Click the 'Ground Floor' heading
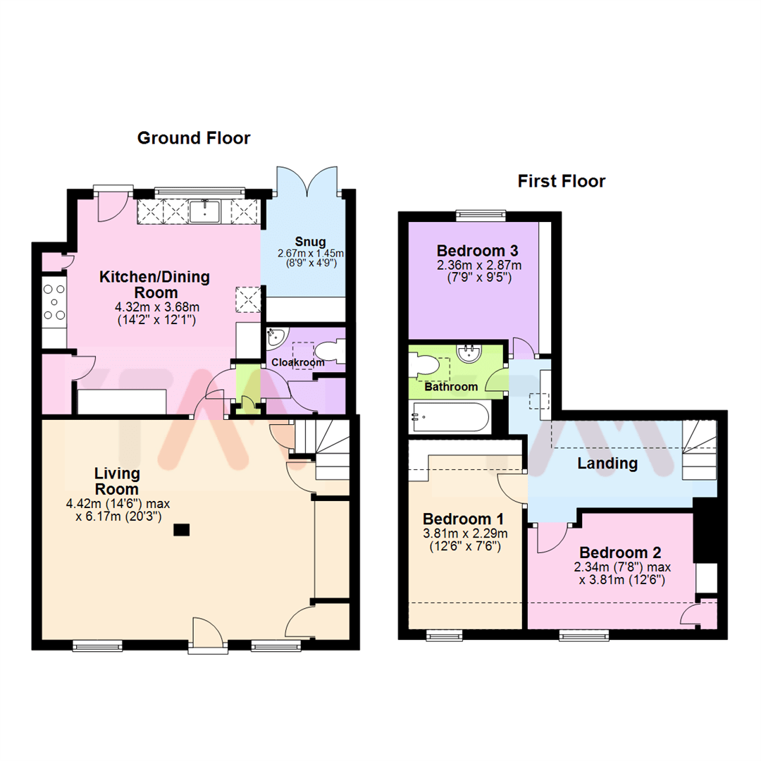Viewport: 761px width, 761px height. coord(193,138)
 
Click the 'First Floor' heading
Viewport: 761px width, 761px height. coord(561,182)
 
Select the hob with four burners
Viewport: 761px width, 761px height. coord(54,303)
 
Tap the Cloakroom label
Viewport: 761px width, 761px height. coord(298,363)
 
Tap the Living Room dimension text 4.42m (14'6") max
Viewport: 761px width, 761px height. coord(118,504)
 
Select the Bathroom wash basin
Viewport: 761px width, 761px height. coord(467,351)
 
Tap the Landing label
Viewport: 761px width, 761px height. coord(607,464)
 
